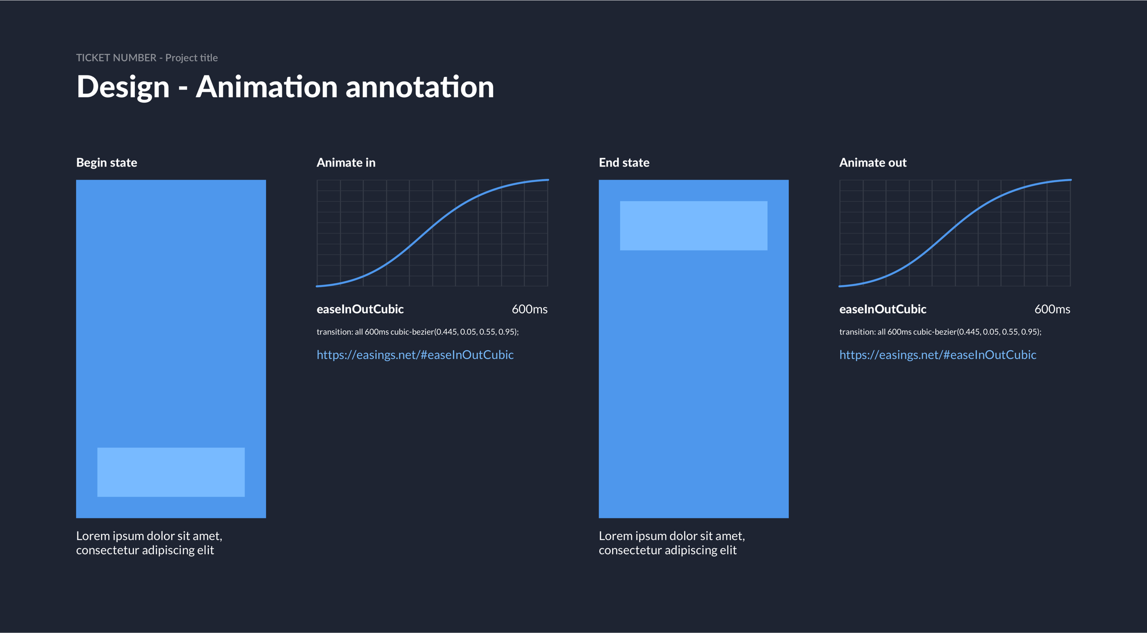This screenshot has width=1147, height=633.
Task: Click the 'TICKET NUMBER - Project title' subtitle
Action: pos(147,58)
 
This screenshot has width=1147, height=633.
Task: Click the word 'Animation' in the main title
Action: pos(266,87)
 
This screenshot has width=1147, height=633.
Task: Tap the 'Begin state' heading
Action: pos(107,163)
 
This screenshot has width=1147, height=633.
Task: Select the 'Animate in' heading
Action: pos(346,163)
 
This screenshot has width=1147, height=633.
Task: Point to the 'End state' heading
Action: pos(624,163)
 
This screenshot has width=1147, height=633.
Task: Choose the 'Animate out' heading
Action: pos(873,163)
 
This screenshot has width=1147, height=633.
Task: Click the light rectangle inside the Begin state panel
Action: pos(171,472)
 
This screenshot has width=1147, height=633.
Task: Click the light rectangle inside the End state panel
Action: pos(694,225)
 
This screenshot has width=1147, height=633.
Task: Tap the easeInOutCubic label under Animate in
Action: pos(360,309)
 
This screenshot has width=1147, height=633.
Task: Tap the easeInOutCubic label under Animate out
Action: pos(883,309)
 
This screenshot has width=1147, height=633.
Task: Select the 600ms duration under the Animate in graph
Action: pos(530,309)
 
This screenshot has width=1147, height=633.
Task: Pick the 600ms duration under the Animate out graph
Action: pos(1052,309)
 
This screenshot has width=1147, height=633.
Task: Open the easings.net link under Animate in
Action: pos(415,355)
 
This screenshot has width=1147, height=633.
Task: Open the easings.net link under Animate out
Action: pos(938,355)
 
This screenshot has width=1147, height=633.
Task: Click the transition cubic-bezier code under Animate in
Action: pos(418,332)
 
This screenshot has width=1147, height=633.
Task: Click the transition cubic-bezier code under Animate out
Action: pos(940,332)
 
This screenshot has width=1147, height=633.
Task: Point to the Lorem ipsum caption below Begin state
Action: pos(149,543)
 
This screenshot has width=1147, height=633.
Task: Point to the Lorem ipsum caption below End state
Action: pos(672,543)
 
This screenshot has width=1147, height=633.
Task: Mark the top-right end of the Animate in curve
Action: pos(548,180)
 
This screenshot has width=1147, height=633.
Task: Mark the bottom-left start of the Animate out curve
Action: pos(840,286)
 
